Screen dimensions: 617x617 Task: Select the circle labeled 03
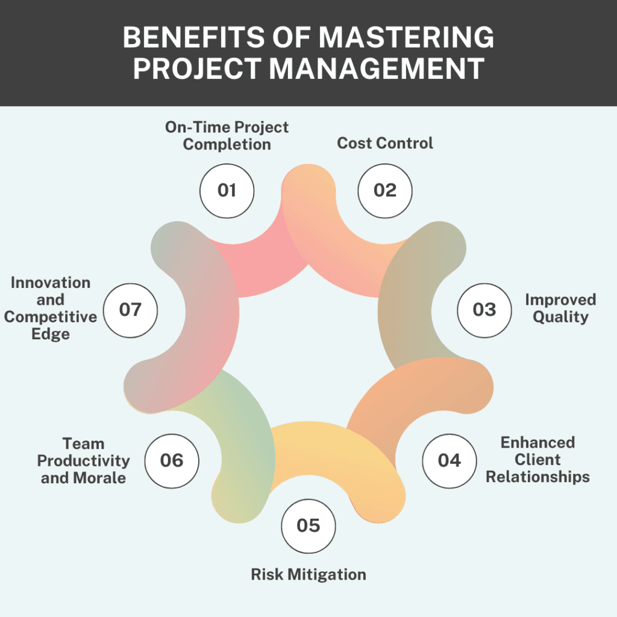tap(484, 310)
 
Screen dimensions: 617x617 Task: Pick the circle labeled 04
tap(449, 461)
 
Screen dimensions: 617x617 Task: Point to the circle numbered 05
tap(308, 525)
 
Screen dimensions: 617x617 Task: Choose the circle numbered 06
tap(172, 461)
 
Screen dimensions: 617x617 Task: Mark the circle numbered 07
tap(130, 310)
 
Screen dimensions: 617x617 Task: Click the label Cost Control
tap(385, 143)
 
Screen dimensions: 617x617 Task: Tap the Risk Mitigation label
tap(308, 574)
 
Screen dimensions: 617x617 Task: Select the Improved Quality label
tap(560, 308)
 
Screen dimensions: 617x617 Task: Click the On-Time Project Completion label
tap(227, 136)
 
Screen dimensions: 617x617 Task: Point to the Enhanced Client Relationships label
tap(538, 460)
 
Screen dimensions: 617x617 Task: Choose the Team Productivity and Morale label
tap(84, 461)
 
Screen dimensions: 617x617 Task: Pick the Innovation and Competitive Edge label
tap(51, 308)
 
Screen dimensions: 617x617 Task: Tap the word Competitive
tap(51, 316)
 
